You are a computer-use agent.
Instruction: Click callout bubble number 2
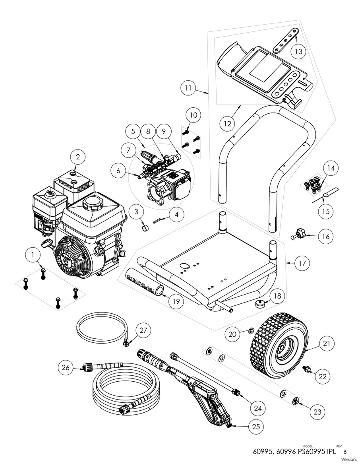coord(78,157)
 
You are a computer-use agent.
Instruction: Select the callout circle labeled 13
coord(298,51)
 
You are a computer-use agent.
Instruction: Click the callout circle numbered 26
coord(66,367)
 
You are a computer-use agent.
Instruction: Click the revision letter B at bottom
coord(345,452)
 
